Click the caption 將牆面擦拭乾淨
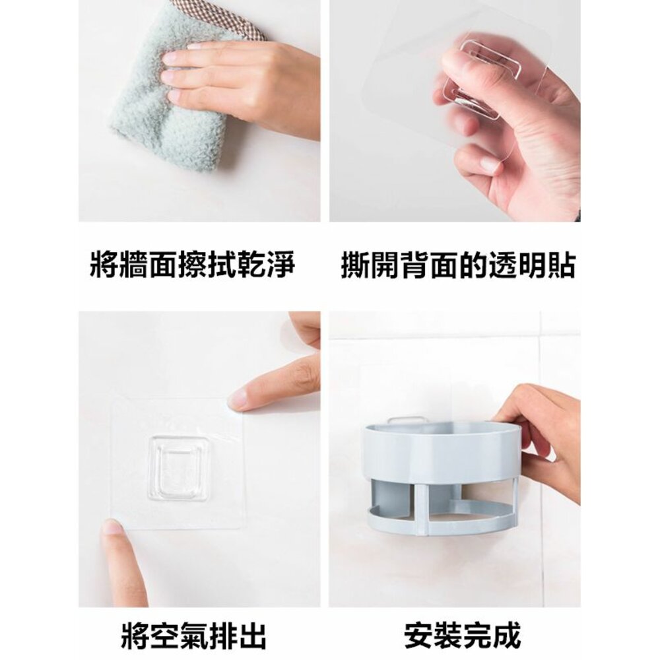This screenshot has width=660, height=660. (x=193, y=264)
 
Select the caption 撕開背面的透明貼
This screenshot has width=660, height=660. (x=458, y=264)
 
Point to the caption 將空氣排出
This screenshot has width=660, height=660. (x=193, y=635)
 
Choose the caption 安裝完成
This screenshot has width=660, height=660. (x=463, y=635)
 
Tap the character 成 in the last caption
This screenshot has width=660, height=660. (x=507, y=635)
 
